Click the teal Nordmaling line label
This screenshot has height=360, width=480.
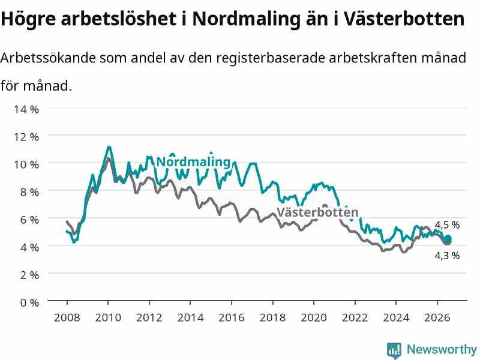[x=193, y=162]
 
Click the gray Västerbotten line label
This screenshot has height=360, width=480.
[x=317, y=212]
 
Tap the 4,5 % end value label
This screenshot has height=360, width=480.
[x=447, y=225]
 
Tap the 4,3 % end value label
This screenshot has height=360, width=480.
[x=447, y=256]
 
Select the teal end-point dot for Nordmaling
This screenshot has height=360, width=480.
[x=448, y=238]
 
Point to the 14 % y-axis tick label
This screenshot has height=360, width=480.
[x=26, y=109]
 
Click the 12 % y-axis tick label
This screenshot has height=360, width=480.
[x=26, y=137]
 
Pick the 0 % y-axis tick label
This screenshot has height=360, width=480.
[x=29, y=303]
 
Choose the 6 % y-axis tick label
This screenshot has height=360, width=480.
[x=29, y=220]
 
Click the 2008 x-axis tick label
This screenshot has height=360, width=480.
[x=67, y=317]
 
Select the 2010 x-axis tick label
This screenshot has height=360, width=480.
[x=108, y=317]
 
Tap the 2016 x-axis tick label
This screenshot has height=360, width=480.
[x=232, y=317]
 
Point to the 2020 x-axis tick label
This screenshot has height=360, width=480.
[x=314, y=317]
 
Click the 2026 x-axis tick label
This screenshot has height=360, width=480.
[x=437, y=317]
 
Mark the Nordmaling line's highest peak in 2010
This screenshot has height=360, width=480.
[x=109, y=147]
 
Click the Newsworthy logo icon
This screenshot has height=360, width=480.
[x=394, y=350]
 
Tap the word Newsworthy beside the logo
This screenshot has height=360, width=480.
[x=442, y=349]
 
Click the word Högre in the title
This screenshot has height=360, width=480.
[x=28, y=19]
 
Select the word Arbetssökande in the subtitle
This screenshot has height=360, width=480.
[x=48, y=58]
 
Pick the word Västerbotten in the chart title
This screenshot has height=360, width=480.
[x=403, y=19]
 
